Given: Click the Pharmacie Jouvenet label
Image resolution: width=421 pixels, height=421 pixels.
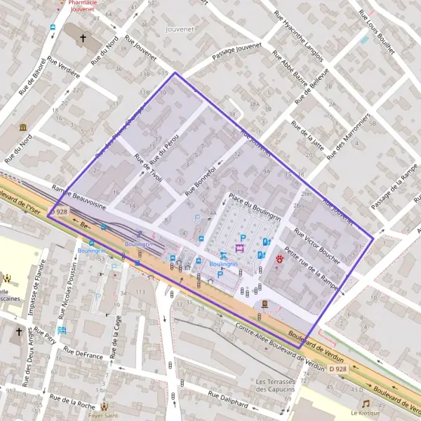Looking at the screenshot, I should (x=83, y=7).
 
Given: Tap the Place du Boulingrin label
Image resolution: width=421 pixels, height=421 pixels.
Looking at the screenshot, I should (x=254, y=208).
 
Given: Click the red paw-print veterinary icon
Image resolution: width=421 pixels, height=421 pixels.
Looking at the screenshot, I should (x=280, y=259).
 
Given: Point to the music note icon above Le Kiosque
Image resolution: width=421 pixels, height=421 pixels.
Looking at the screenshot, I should (x=366, y=403).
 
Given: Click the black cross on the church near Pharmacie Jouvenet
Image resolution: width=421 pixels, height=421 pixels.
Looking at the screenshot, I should (x=83, y=38).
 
